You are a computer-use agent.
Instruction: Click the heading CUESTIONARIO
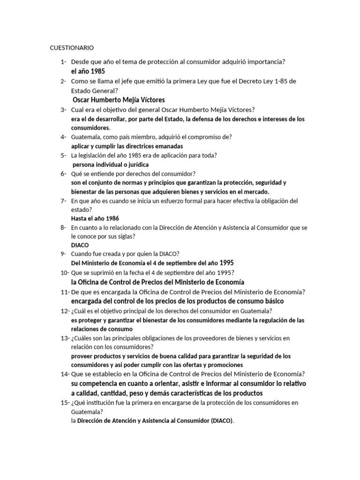coord(72,48)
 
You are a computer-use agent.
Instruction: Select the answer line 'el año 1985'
coord(88,71)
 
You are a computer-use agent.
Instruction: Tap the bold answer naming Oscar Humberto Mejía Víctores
coord(119,100)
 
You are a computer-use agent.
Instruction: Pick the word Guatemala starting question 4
coord(87,137)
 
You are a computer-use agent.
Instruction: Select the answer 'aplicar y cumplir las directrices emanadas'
coord(124,146)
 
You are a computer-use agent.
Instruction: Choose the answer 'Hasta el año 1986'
coord(95,218)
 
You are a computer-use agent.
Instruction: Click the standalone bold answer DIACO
coord(80,245)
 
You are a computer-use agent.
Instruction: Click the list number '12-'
coord(65,311)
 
